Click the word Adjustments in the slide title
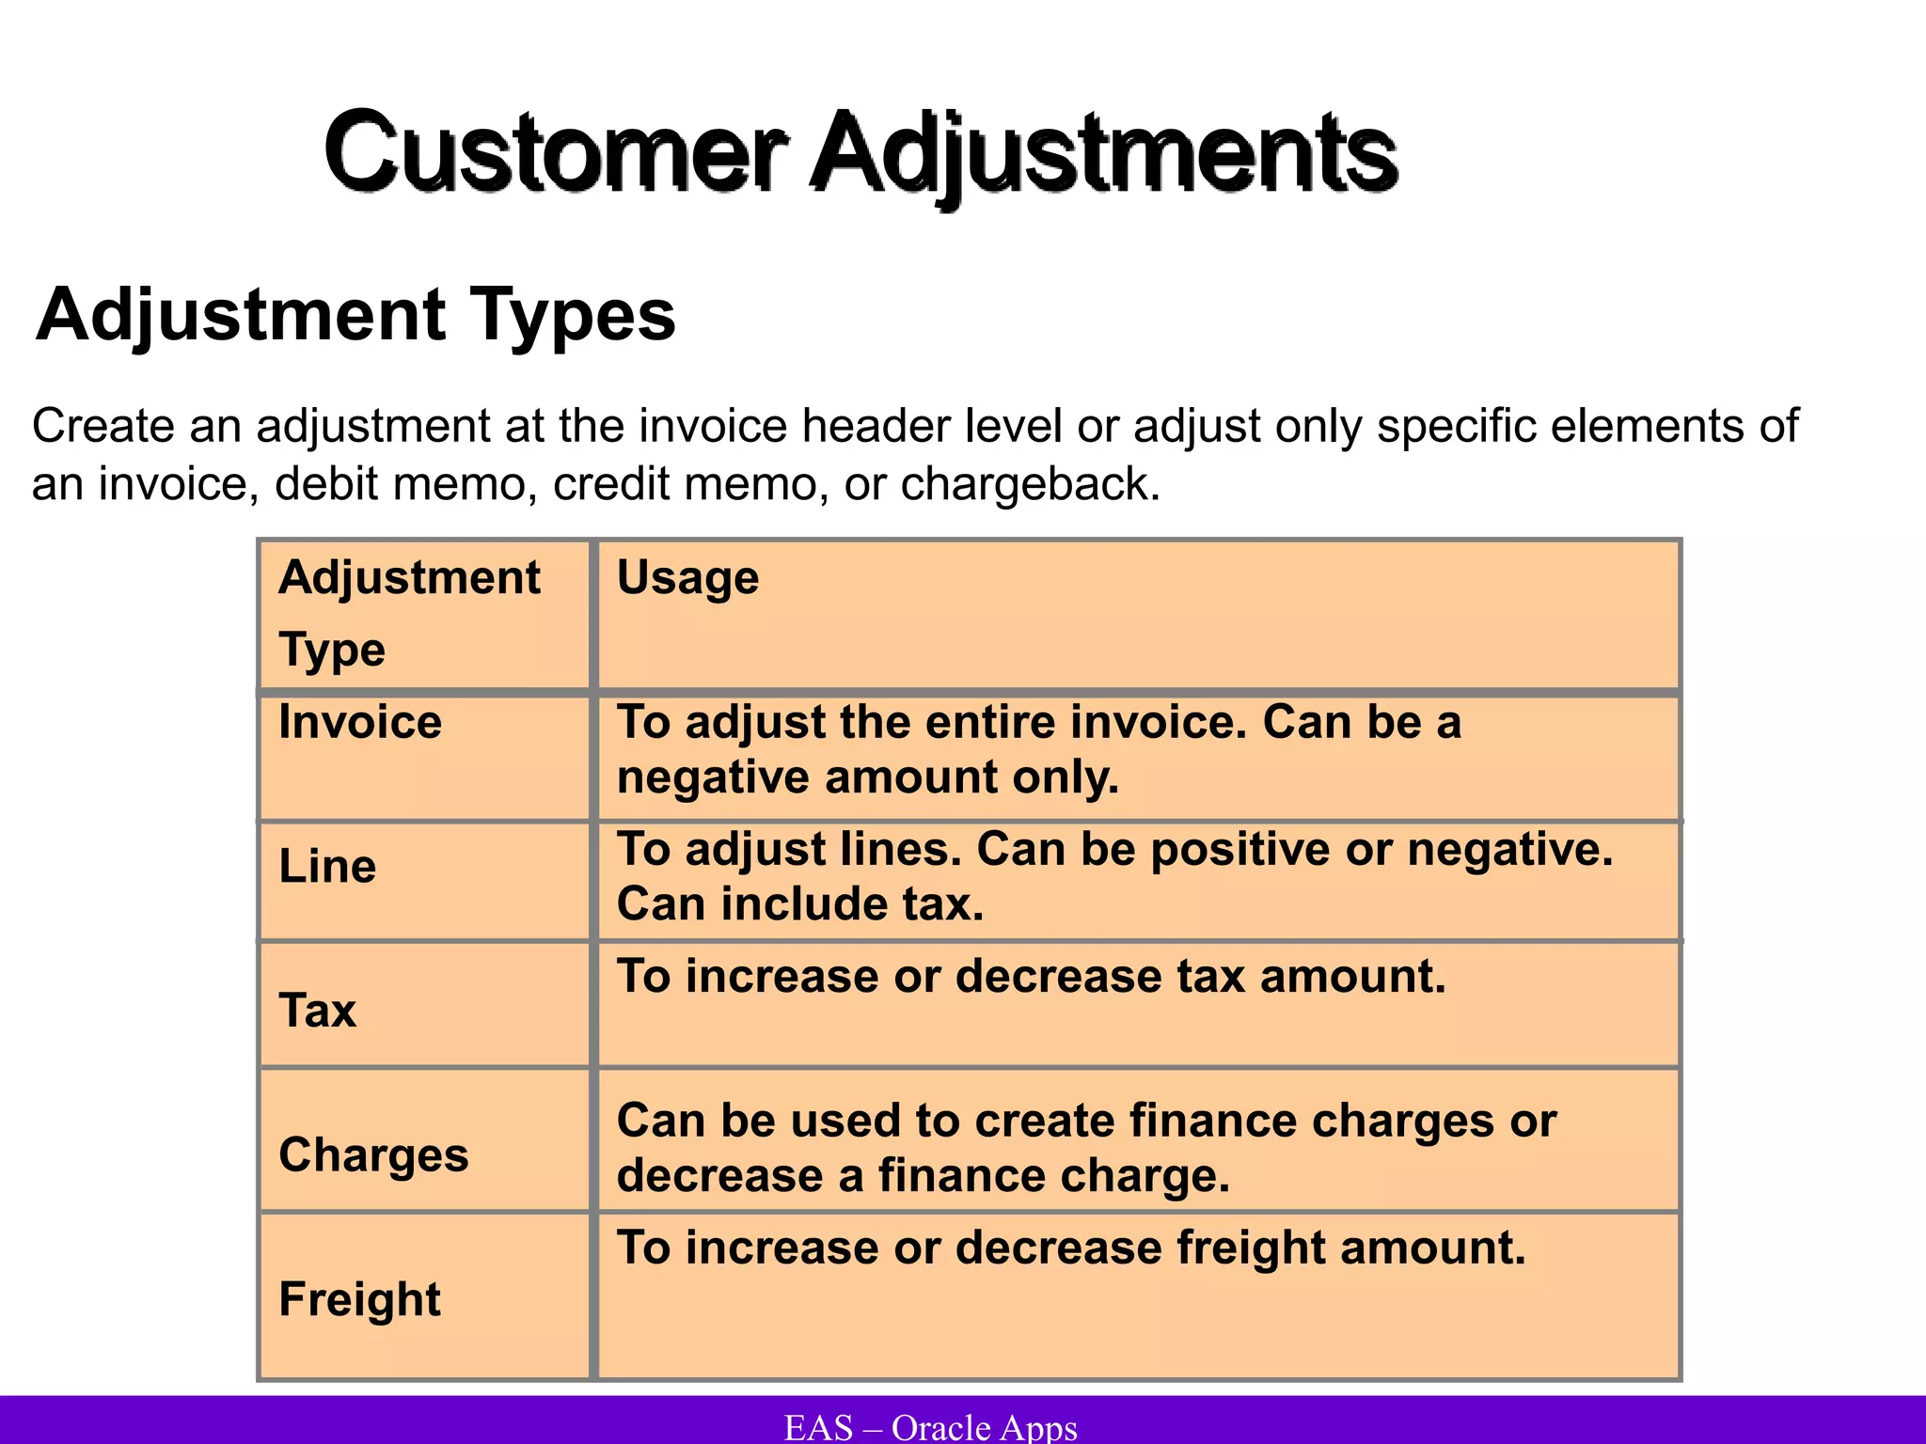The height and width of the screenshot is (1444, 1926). tap(1104, 152)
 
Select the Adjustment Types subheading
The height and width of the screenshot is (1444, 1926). tap(355, 315)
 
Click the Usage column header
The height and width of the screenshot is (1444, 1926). tap(687, 577)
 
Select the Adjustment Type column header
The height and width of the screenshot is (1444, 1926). tap(409, 613)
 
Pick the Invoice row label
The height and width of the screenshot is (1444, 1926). tap(360, 722)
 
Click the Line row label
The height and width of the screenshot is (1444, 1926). tap(327, 866)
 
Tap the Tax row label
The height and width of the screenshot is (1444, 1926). tap(318, 1011)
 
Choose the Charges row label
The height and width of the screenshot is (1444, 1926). tap(373, 1154)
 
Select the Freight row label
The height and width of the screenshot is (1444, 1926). tap(359, 1299)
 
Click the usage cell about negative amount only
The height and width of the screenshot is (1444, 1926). tap(1039, 749)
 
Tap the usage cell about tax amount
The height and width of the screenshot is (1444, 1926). tap(1032, 976)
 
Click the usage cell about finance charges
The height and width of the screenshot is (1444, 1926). tap(1086, 1148)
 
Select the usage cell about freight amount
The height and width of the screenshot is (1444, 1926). tap(1071, 1248)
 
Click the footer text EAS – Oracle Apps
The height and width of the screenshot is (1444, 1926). tap(931, 1427)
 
